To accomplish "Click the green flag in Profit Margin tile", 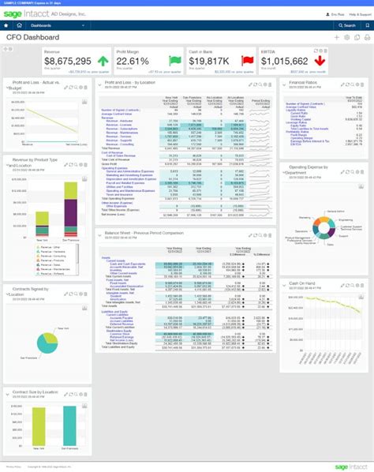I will [x=174, y=61].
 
